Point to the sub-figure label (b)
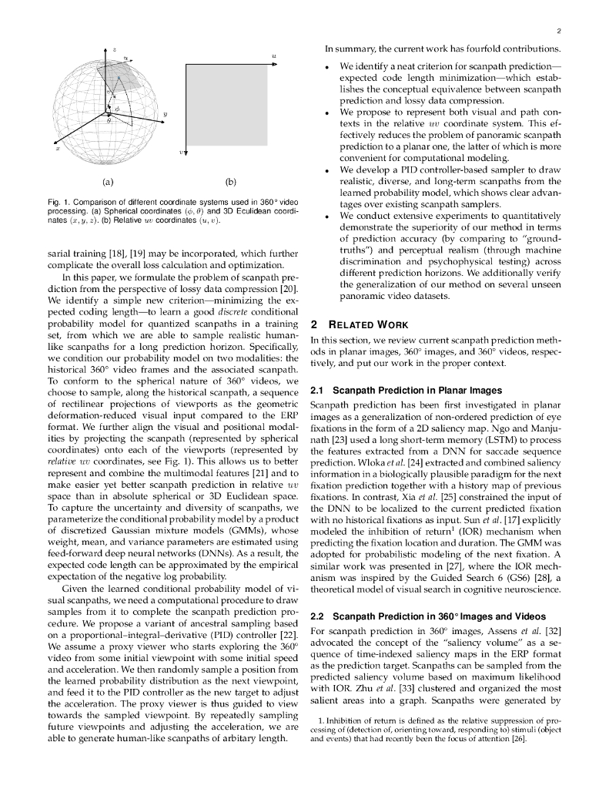230,183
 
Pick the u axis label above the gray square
274,56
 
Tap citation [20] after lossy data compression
289,289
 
